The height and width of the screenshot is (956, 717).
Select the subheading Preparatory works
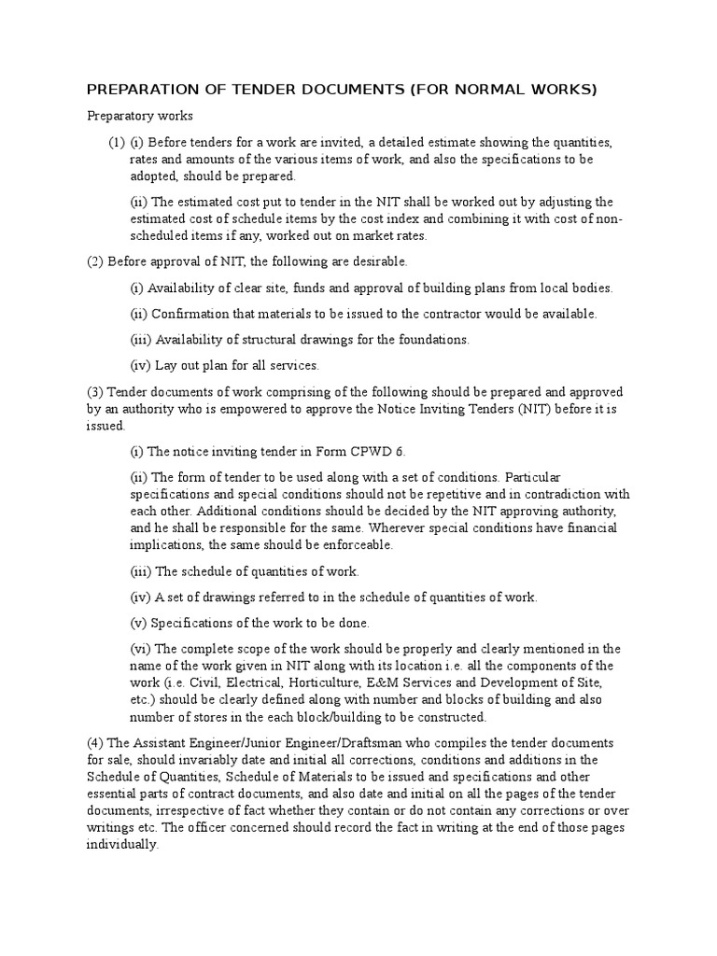(x=140, y=117)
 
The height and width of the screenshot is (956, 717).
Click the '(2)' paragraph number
(x=95, y=261)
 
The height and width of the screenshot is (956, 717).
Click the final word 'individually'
(x=123, y=844)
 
